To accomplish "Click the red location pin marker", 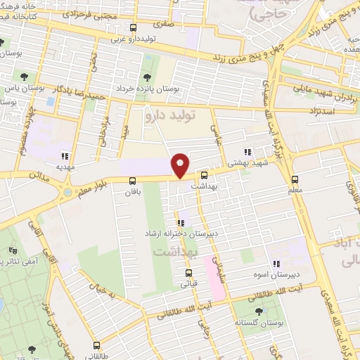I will pyautogui.click(x=181, y=165).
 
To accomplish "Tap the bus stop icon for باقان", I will pyautogui.click(x=133, y=180).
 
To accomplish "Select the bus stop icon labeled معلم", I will pyautogui.click(x=295, y=179).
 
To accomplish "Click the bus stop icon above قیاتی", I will pyautogui.click(x=188, y=273).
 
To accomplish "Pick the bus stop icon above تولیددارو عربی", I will pyautogui.click(x=134, y=28).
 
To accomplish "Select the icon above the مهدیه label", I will pyautogui.click(x=65, y=157).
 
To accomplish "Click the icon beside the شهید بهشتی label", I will pyautogui.click(x=247, y=151).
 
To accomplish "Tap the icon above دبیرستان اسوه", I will pyautogui.click(x=276, y=264).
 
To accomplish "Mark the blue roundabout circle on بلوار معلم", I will pyautogui.click(x=67, y=192).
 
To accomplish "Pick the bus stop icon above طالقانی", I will pyautogui.click(x=96, y=345).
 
